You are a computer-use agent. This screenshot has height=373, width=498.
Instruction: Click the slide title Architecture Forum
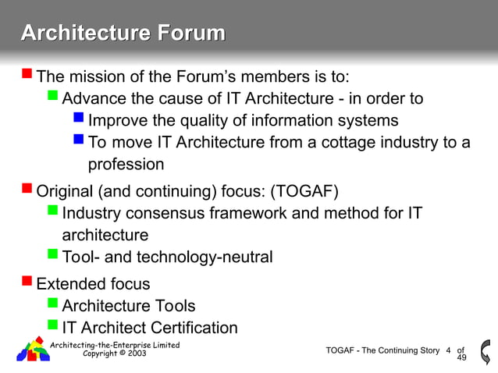123,34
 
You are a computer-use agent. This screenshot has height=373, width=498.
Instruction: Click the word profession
126,164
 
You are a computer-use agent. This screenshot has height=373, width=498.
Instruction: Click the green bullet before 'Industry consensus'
52,211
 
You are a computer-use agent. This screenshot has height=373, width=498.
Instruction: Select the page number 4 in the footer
448,350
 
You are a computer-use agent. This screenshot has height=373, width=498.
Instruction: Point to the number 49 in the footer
461,357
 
